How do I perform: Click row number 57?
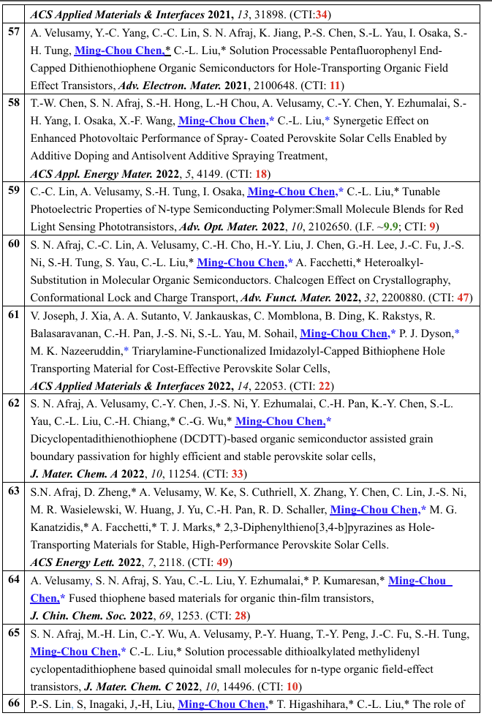[x=13, y=33]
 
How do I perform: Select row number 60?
[x=13, y=244]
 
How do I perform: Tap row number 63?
[x=13, y=491]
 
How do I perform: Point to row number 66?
[x=13, y=704]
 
